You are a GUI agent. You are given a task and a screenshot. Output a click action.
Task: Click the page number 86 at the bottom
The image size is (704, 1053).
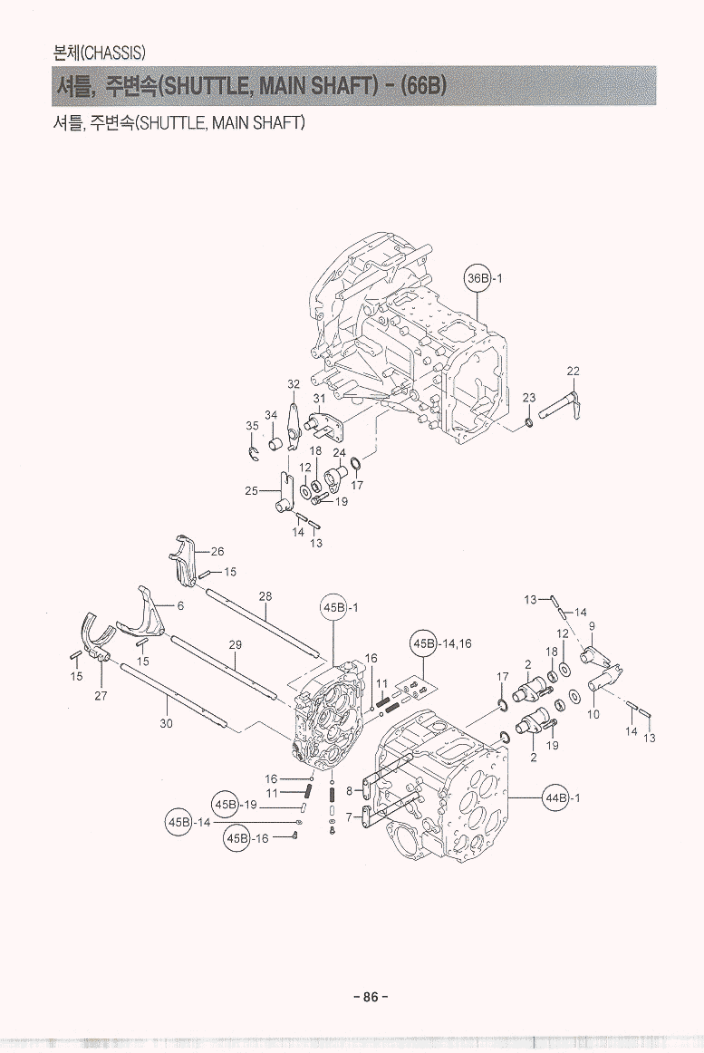[x=370, y=997]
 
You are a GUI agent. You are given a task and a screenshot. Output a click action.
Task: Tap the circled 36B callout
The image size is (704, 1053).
[x=477, y=278]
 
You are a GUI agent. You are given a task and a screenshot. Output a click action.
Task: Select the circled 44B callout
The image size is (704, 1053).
[x=555, y=797]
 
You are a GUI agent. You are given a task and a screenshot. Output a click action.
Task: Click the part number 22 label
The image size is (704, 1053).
[x=573, y=371]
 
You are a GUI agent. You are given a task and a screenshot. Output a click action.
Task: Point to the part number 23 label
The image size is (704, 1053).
[x=529, y=398]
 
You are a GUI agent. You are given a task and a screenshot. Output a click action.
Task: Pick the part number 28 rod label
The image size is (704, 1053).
[x=265, y=596]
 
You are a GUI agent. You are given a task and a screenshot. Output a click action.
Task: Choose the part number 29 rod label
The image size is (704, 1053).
[x=235, y=644]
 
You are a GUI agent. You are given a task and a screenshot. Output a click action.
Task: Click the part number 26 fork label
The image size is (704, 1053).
[x=217, y=551]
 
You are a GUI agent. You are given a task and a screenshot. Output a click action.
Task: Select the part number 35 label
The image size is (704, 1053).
[x=252, y=425]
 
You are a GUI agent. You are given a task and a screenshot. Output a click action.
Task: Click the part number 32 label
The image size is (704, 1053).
[x=294, y=384]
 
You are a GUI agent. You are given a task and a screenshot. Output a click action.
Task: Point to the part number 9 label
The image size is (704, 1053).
[x=592, y=626]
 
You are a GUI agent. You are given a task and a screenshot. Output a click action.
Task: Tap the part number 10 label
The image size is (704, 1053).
[x=593, y=714]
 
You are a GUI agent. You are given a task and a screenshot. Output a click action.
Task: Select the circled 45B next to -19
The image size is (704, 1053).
[x=225, y=805]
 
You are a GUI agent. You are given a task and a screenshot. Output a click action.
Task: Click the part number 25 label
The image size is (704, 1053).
[x=251, y=490]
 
